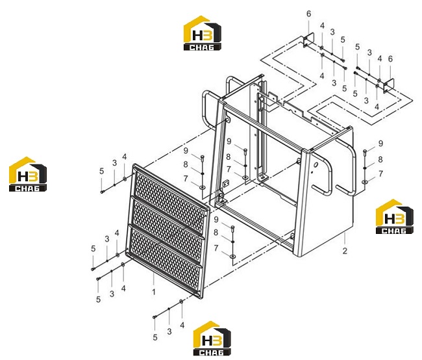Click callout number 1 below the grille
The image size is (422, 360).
click(154, 292)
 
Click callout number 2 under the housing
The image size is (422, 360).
click(345, 251)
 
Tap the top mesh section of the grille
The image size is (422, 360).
click(170, 198)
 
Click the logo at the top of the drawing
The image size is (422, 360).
click(203, 33)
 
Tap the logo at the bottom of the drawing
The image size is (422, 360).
click(212, 338)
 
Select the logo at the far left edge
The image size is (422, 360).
click(28, 174)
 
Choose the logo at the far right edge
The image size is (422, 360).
click(395, 216)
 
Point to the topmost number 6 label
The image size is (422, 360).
click(308, 14)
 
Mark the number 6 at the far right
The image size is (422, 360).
click(390, 58)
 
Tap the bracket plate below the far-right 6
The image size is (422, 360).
click(389, 86)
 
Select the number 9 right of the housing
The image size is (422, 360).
click(380, 144)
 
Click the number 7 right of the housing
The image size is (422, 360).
click(380, 174)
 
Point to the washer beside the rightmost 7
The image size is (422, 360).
click(365, 182)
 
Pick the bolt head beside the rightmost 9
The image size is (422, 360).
click(365, 151)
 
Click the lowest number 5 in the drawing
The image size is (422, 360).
click(155, 337)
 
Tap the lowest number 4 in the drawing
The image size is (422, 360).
click(182, 326)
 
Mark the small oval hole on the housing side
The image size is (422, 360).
click(316, 164)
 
